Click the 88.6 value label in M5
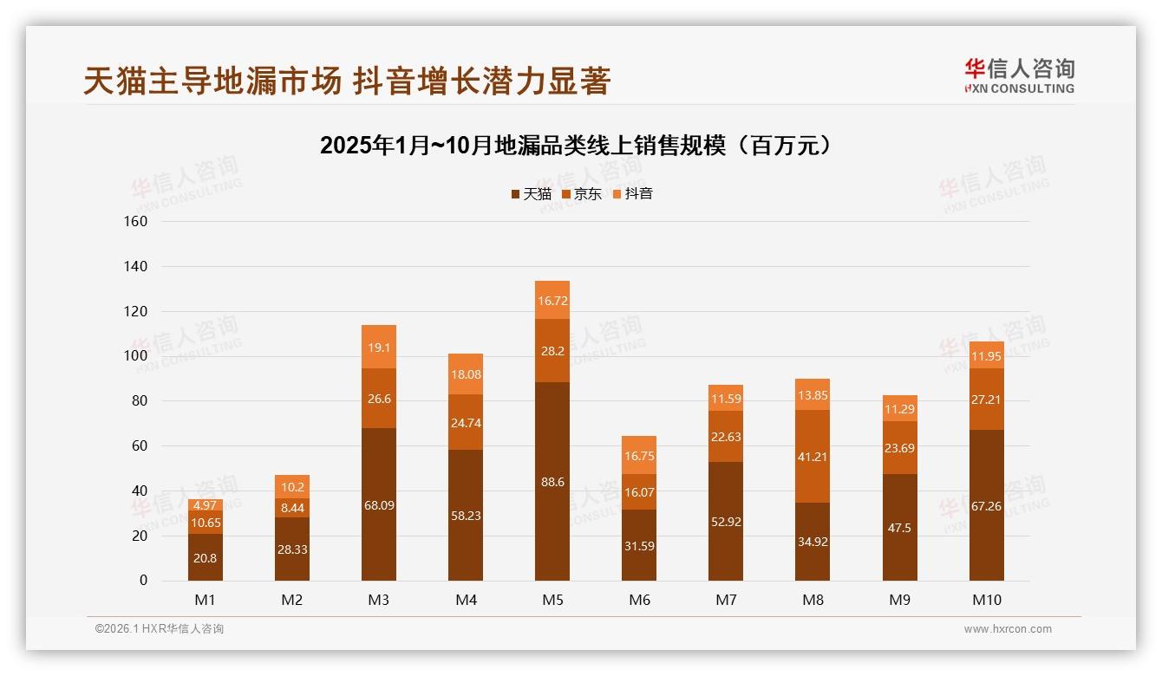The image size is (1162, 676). point(552,482)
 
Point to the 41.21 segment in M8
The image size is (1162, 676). point(813,456)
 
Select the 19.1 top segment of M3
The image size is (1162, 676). point(379,347)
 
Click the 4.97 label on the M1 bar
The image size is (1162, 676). point(206,505)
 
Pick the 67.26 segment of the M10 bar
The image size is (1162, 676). point(987,505)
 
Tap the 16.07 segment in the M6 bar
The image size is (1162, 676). point(639,491)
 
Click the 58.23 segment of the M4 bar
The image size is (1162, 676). point(466,516)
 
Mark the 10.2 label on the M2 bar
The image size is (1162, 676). point(292,487)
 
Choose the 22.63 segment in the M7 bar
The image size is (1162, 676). point(726,437)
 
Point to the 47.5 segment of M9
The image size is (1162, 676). point(899,527)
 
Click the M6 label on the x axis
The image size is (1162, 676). point(639,600)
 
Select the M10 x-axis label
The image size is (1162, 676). point(987,600)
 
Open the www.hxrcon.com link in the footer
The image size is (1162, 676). point(1008,629)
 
